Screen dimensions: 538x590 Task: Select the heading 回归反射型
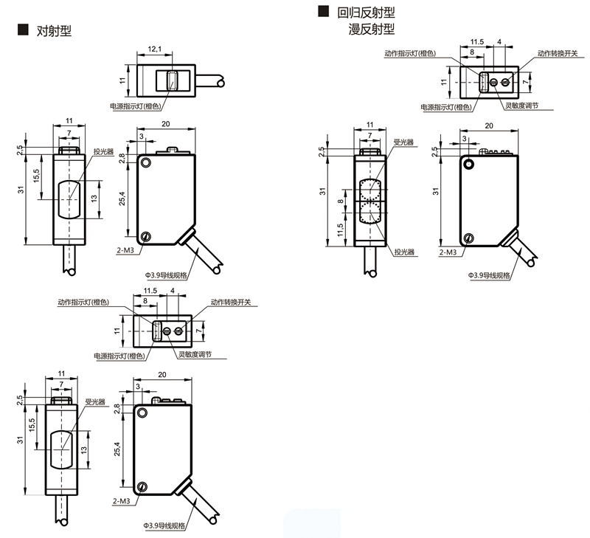367,13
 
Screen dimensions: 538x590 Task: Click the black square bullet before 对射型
22,30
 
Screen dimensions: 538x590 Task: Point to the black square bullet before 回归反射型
322,12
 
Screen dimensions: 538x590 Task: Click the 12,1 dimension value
155,49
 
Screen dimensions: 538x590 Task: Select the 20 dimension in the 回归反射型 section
488,126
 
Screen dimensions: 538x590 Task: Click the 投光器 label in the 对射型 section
103,151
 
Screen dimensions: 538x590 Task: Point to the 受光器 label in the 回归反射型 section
404,142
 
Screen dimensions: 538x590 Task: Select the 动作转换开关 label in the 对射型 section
232,302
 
